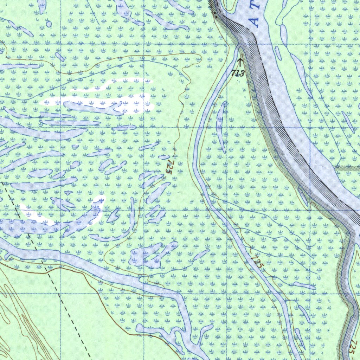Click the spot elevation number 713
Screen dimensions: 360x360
[238, 73]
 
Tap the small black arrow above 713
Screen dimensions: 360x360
[240, 62]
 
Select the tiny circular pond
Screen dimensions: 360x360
[49, 24]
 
